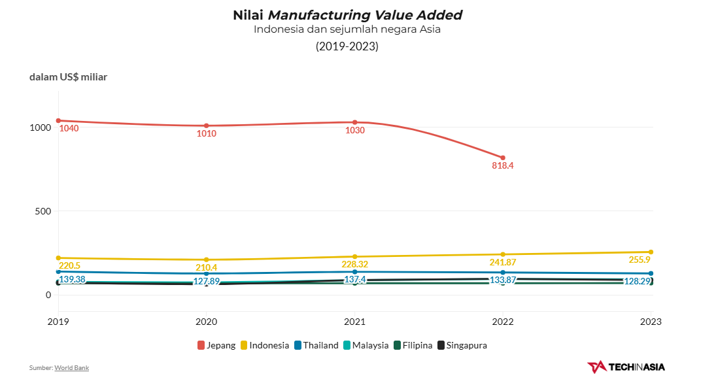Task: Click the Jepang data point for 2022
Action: tap(503, 158)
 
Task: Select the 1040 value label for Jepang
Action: tap(69, 129)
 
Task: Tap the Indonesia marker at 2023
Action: tap(651, 252)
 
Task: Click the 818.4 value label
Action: tap(503, 166)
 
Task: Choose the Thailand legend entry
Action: tap(316, 345)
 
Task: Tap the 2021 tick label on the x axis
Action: tap(354, 322)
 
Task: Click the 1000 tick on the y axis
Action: tap(40, 127)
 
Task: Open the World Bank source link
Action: tap(71, 368)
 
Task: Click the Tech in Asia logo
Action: tap(626, 367)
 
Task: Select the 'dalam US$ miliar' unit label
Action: tap(68, 77)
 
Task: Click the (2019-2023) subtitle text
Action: tap(347, 46)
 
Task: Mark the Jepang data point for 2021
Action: tap(354, 122)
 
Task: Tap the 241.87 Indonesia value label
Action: tap(503, 263)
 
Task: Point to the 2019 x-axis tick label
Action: tap(58, 322)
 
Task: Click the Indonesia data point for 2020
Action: tap(206, 260)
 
